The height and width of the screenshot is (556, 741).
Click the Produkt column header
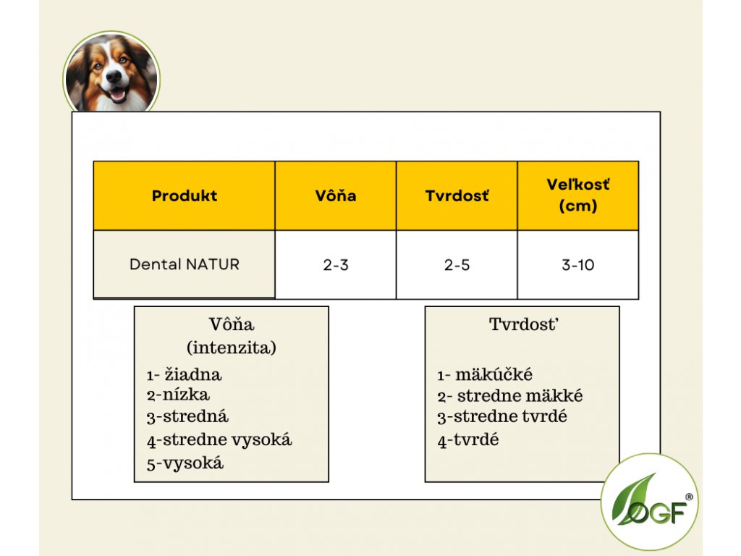coord(185,195)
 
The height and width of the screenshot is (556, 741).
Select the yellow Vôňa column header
coord(336,195)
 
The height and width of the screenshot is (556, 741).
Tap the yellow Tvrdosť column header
coord(457,195)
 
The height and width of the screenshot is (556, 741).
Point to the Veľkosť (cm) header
coord(578,195)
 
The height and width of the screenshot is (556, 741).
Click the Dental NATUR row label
coord(185,264)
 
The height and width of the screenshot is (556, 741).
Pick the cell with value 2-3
coord(336,265)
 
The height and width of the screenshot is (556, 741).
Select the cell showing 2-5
coord(457,265)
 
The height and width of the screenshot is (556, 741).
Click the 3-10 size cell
coord(578,265)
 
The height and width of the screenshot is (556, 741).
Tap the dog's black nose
coord(114,75)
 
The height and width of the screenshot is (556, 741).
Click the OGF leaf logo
coord(649,502)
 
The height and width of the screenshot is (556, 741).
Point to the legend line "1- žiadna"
coord(184,375)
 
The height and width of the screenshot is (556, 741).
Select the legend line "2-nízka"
coord(178,395)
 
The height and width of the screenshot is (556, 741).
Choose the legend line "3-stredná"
coord(187,416)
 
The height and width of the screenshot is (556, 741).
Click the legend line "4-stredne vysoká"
coord(219,440)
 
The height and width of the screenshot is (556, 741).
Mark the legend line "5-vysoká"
coord(185,463)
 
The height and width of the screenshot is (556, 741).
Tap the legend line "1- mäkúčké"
coord(485,375)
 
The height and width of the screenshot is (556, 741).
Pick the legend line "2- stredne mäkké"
coord(510,396)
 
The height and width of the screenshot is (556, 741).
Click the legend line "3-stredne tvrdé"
coord(502,416)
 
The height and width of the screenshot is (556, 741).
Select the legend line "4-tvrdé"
coord(468,440)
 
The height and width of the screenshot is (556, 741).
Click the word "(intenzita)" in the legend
coord(232,347)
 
